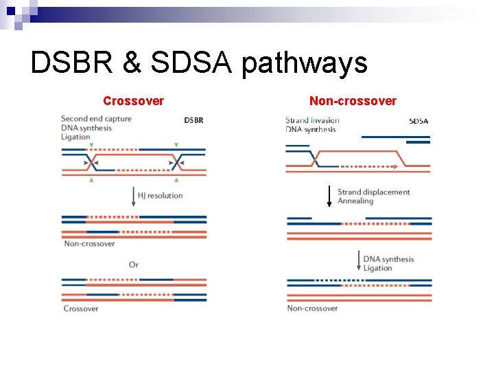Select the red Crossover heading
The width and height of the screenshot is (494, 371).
click(x=133, y=101)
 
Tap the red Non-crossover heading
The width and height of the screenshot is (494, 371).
click(x=353, y=101)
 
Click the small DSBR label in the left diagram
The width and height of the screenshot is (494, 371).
click(x=193, y=120)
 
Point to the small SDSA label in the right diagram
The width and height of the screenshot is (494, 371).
click(x=419, y=121)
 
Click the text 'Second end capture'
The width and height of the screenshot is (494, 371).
click(x=96, y=119)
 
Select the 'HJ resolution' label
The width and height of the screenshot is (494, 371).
click(x=160, y=196)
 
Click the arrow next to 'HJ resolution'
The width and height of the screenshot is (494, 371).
click(x=133, y=196)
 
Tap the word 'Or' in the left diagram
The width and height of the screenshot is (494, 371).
click(x=134, y=265)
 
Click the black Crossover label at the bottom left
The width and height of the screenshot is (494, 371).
click(x=81, y=308)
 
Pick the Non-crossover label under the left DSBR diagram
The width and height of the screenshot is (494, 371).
click(x=89, y=244)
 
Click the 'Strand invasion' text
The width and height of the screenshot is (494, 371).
click(x=312, y=120)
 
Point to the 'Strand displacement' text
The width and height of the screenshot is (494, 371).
click(x=373, y=192)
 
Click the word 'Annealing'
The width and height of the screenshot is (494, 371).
click(x=355, y=201)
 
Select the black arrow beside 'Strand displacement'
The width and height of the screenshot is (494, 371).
click(x=329, y=196)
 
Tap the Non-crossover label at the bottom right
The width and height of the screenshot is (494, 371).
click(x=312, y=308)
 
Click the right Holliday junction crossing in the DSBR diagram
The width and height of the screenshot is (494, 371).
click(x=177, y=162)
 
